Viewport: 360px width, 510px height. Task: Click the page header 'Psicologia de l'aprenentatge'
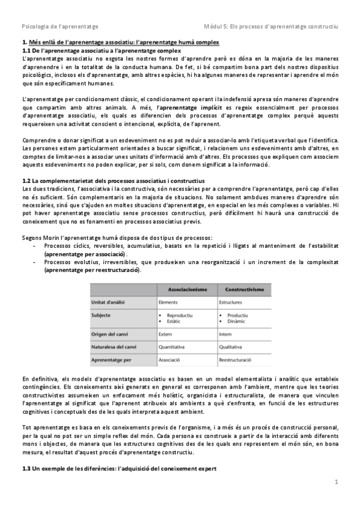click(x=60, y=27)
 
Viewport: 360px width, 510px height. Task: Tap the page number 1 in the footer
click(x=337, y=482)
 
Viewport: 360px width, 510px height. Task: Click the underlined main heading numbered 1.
click(x=120, y=42)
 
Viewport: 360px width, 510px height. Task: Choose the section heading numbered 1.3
click(x=114, y=467)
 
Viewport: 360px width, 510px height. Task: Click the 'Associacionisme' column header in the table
click(x=185, y=289)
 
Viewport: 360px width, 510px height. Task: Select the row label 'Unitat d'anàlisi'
click(x=110, y=301)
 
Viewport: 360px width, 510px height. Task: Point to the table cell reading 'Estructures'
click(x=231, y=301)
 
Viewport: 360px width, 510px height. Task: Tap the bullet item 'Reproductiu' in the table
click(x=180, y=315)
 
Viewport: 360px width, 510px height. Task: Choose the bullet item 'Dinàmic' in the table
click(x=236, y=321)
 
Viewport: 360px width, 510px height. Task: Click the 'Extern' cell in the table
click(x=166, y=334)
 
